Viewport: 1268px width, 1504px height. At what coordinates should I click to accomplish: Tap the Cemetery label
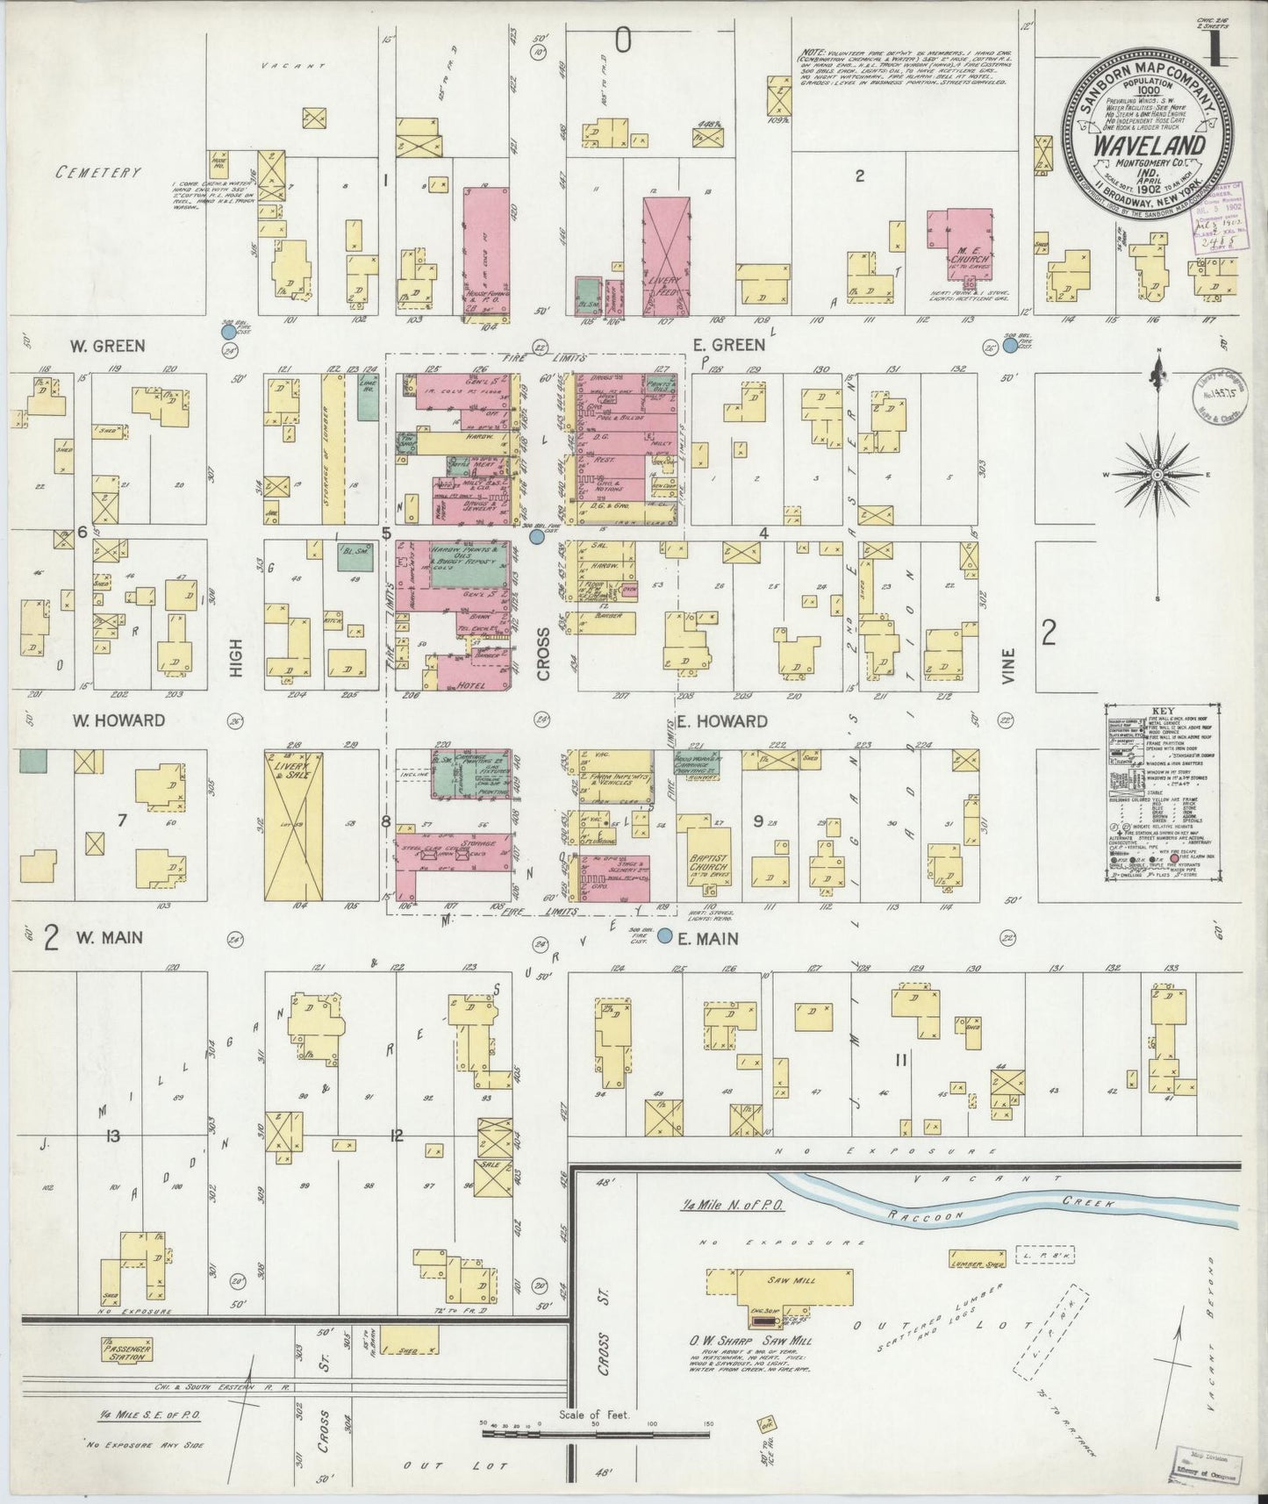click(98, 172)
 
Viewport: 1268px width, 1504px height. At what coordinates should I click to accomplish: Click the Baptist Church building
click(706, 862)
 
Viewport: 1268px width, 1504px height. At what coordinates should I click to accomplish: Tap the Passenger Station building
click(126, 1349)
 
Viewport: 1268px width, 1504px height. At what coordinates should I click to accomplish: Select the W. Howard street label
click(118, 720)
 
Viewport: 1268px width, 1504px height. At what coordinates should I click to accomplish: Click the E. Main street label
click(707, 938)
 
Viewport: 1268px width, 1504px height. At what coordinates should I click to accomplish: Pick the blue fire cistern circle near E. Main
click(666, 936)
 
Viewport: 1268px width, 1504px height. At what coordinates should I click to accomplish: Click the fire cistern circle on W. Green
click(228, 333)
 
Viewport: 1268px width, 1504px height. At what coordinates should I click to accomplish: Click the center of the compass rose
click(1157, 474)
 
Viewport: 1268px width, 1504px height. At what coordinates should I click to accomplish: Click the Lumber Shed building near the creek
click(976, 1261)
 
